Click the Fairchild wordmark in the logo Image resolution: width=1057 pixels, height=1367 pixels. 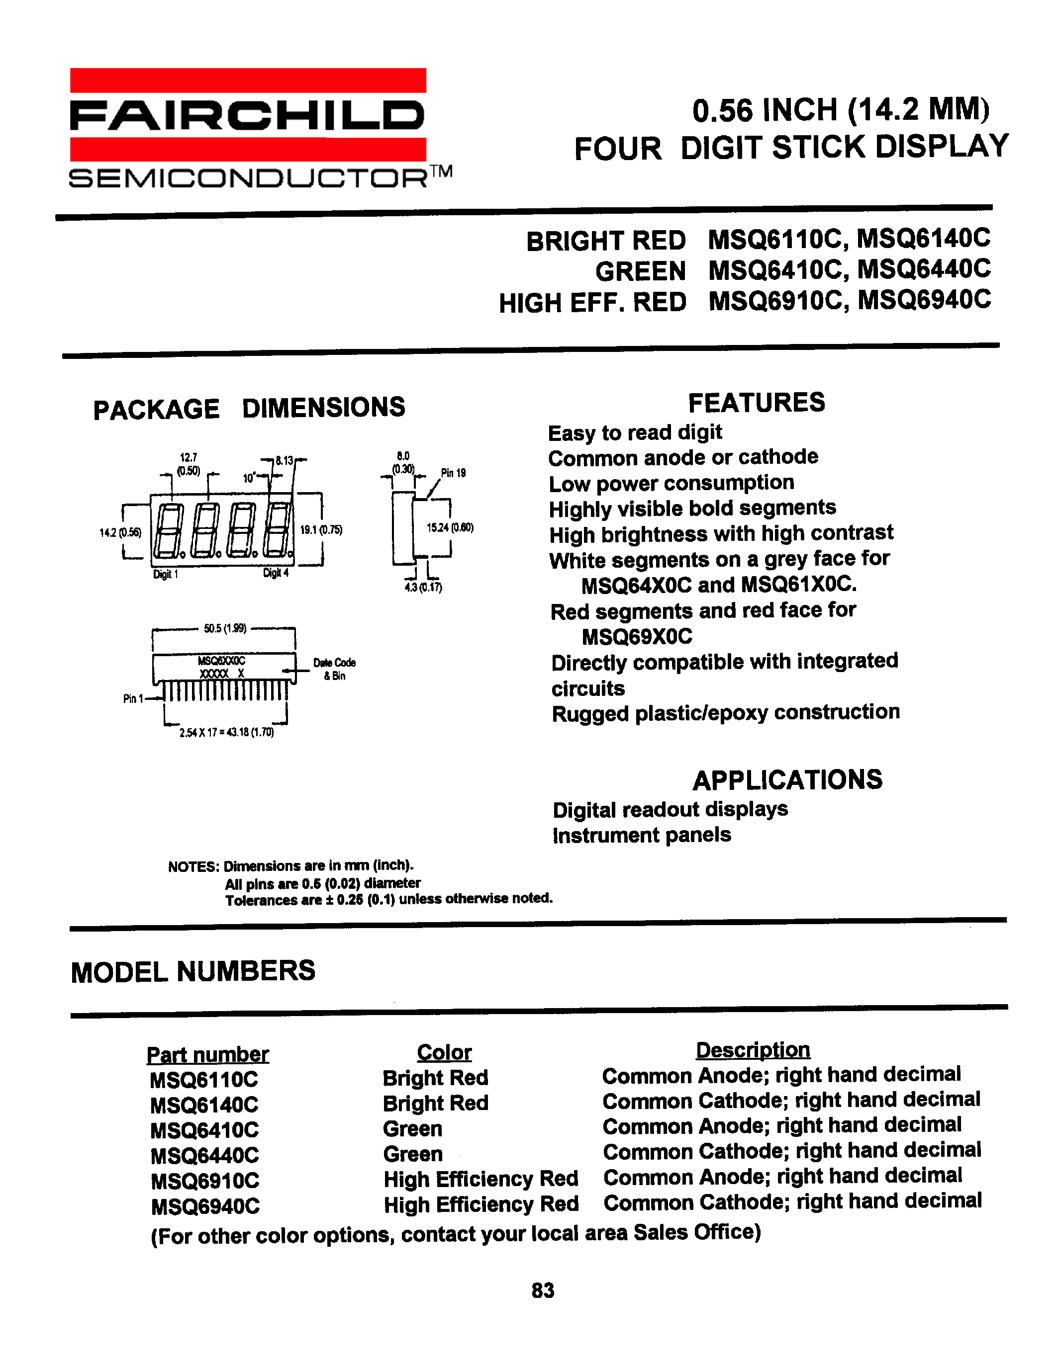[x=247, y=116]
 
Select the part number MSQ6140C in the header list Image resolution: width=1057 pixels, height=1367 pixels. [x=923, y=239]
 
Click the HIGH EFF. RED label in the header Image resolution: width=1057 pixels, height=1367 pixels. [x=592, y=303]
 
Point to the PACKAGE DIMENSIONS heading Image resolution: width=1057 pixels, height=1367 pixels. [x=249, y=408]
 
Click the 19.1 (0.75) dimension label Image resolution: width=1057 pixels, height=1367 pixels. [x=321, y=529]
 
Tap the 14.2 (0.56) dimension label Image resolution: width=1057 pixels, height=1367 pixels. [x=120, y=533]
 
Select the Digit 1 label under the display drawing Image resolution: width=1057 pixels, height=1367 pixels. [x=165, y=575]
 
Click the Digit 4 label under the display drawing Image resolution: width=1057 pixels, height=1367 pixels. [x=276, y=573]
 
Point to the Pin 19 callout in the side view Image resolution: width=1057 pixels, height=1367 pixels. [x=453, y=473]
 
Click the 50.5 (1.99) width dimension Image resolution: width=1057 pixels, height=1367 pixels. [x=225, y=628]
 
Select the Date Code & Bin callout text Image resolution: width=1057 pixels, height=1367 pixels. [x=334, y=669]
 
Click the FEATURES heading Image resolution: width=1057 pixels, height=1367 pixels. [x=757, y=403]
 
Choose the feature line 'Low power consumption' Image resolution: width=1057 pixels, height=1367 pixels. [x=672, y=483]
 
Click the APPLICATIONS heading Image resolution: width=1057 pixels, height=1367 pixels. [x=787, y=780]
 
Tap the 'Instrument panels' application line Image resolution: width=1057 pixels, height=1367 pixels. [x=642, y=835]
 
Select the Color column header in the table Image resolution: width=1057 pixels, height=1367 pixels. [x=444, y=1052]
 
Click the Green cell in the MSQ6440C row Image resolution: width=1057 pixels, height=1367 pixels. [x=413, y=1154]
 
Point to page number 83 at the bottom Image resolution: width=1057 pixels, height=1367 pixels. [x=543, y=1290]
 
